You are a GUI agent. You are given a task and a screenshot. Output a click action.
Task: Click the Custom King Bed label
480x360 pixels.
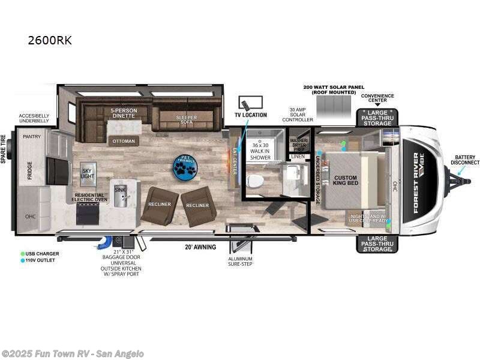345,180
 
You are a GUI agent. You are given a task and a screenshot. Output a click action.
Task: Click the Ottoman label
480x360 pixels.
123,142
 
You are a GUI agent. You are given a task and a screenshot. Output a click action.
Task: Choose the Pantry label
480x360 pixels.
31,137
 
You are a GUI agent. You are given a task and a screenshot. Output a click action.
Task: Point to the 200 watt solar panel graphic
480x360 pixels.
334,109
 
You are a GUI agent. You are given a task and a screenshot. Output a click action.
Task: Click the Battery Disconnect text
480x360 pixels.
466,159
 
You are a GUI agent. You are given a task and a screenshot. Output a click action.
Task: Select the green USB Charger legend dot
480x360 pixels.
22,254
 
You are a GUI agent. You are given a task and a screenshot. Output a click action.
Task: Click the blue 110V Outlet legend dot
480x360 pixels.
22,260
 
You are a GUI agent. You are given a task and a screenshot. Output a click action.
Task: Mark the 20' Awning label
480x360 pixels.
200,247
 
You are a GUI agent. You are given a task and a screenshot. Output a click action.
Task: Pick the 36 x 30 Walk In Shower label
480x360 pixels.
260,152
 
